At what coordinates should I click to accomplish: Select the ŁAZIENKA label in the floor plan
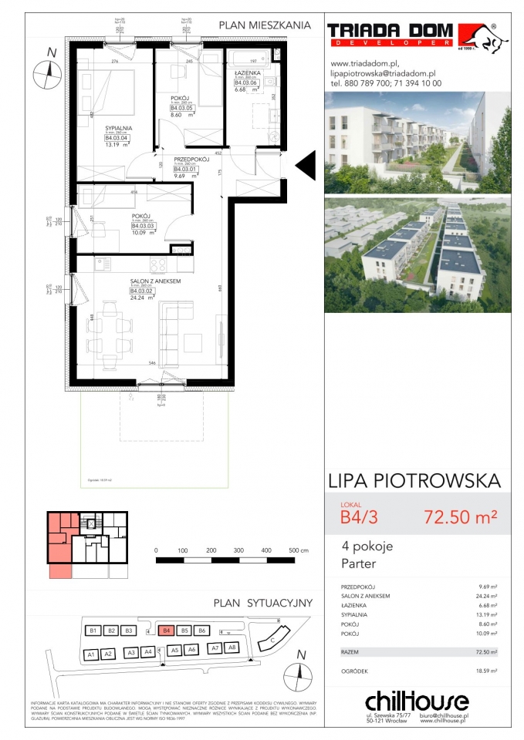click(x=240, y=72)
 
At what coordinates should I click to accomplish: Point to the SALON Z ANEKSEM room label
click(x=155, y=281)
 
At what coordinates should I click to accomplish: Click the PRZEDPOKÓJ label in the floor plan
click(x=191, y=159)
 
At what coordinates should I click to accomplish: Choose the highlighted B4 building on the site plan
click(x=167, y=631)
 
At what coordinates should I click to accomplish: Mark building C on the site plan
click(x=271, y=639)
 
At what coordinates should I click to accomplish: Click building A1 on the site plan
click(x=90, y=655)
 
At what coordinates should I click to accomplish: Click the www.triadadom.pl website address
click(x=363, y=63)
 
